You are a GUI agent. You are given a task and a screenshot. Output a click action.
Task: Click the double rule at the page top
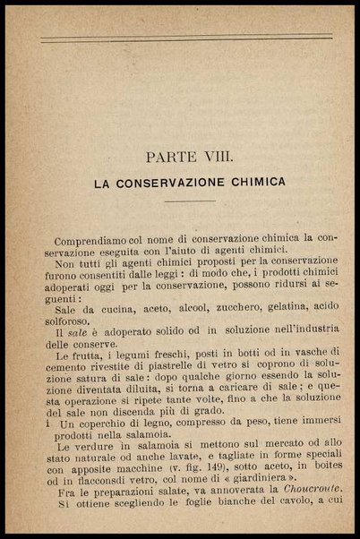[186, 37]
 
